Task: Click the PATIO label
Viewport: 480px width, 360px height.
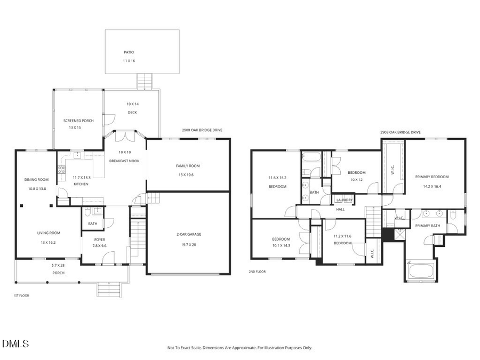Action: (x=128, y=52)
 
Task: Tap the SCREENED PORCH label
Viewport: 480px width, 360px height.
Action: (x=78, y=121)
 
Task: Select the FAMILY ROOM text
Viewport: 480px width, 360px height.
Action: (x=188, y=166)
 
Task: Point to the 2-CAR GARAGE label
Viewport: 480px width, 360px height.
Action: (x=189, y=234)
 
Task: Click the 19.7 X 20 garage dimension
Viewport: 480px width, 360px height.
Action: (x=189, y=245)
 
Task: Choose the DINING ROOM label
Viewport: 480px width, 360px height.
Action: (x=36, y=179)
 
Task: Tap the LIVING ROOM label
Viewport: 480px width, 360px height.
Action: (x=49, y=233)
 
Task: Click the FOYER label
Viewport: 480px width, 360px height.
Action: (x=100, y=239)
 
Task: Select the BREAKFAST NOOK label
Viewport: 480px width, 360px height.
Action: (x=124, y=161)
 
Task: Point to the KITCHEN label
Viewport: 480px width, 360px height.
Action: (x=81, y=184)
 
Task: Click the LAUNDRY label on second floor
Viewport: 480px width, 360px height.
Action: (x=344, y=200)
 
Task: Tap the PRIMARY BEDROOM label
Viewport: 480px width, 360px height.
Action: (x=432, y=177)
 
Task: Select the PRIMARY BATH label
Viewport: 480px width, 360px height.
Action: (x=428, y=226)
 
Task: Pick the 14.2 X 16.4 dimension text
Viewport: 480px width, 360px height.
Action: (x=432, y=187)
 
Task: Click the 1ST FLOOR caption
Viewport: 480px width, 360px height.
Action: (x=21, y=295)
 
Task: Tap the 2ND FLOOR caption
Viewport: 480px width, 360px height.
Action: (x=257, y=271)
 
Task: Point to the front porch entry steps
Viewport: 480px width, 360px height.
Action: (x=108, y=290)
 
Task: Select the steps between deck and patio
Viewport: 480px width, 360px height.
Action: (x=145, y=81)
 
